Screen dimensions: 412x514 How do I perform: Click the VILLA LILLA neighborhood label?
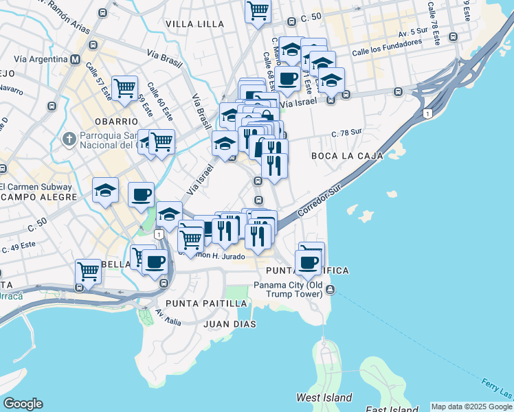tap(194, 24)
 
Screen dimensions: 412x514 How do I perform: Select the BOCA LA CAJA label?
tap(346, 156)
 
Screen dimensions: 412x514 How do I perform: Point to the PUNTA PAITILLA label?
tap(205, 303)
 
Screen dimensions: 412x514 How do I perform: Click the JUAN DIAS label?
tap(230, 323)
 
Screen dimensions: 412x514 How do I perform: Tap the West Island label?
tap(324, 398)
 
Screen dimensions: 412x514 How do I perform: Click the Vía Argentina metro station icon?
tap(75, 60)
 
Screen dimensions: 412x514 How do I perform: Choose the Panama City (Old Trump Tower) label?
tap(288, 290)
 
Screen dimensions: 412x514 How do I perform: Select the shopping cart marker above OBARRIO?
tap(124, 88)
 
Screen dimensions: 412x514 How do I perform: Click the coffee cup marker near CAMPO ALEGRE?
tap(141, 194)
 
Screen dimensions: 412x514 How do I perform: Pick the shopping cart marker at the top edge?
tap(258, 10)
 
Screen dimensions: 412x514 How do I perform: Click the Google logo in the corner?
tap(23, 404)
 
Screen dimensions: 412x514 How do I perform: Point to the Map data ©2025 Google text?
tap(471, 407)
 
